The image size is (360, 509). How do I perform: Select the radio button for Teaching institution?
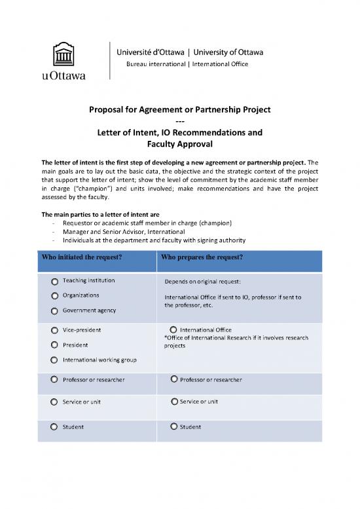[54, 281]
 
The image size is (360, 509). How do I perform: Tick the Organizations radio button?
[54, 295]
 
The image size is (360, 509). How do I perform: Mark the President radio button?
[54, 345]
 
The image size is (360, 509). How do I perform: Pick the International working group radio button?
[54, 360]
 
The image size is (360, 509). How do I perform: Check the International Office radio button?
[173, 330]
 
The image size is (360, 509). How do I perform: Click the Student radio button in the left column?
[54, 427]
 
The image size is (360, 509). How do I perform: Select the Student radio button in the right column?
[173, 427]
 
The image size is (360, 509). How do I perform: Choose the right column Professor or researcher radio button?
[173, 379]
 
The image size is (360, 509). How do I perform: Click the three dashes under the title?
[179, 121]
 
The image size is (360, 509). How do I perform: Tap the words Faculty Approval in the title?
[179, 144]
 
